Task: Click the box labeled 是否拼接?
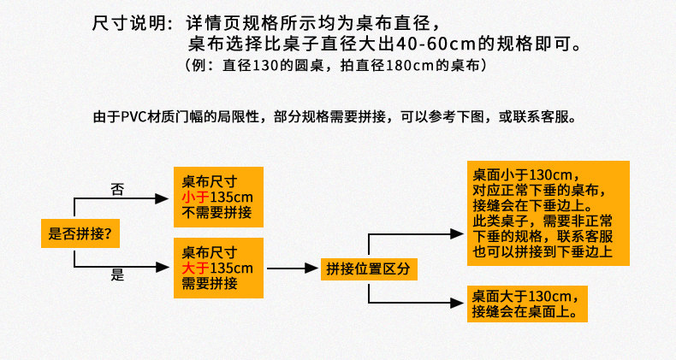tap(80, 233)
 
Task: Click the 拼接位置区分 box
tap(369, 269)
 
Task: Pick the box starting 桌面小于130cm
tap(547, 213)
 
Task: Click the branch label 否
tap(117, 189)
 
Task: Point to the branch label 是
tap(117, 275)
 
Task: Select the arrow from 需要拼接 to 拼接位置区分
tap(291, 269)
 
